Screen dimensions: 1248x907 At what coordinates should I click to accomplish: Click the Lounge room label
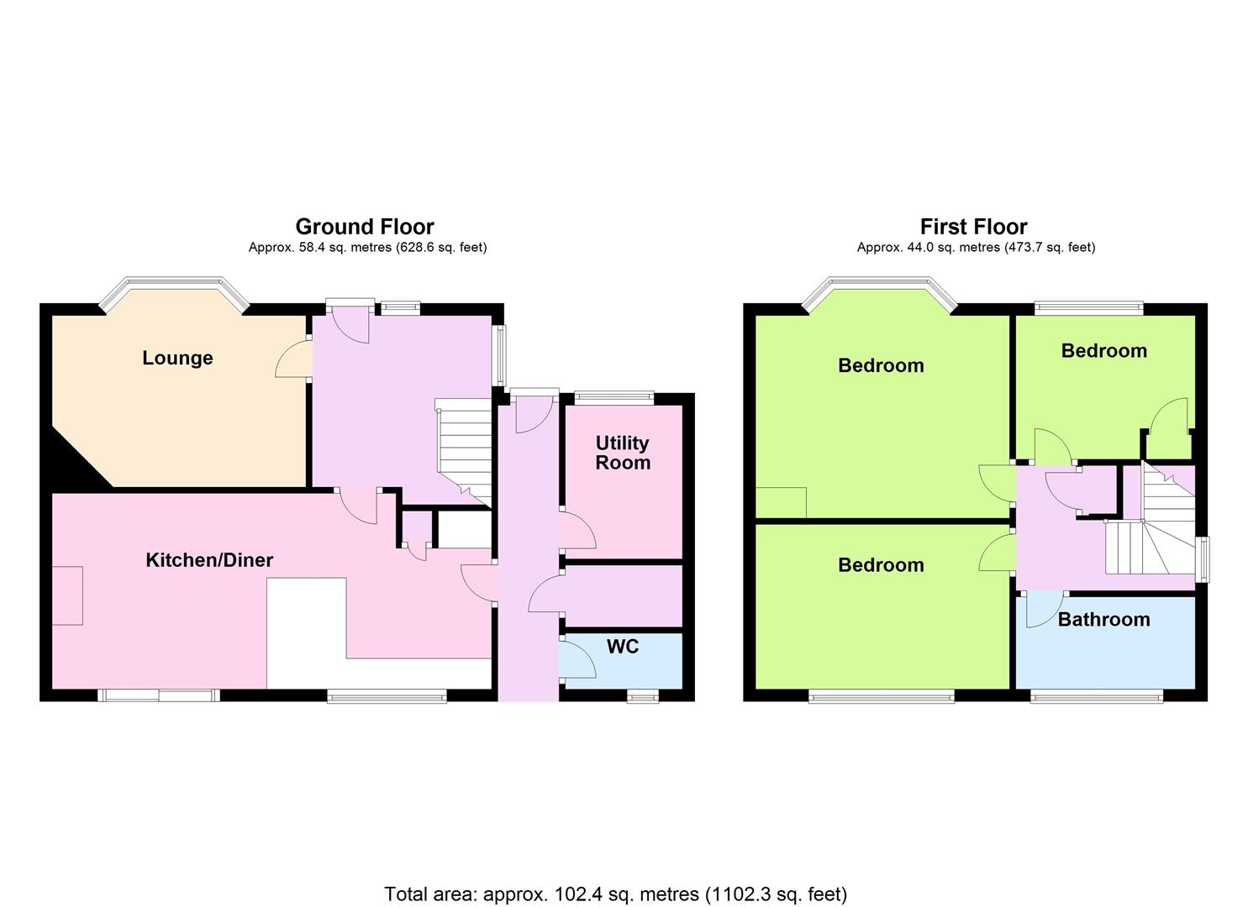(x=177, y=358)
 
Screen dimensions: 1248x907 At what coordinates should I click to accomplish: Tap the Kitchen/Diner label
(x=209, y=560)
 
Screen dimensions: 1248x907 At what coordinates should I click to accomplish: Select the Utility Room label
(x=623, y=453)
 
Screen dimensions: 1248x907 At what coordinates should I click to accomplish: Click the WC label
(x=623, y=647)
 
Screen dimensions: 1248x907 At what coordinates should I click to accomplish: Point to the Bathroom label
(x=1104, y=620)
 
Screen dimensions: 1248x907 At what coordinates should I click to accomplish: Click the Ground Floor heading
(x=365, y=227)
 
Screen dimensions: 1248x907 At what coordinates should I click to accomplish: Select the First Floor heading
(x=974, y=227)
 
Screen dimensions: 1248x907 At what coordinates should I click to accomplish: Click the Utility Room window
(x=614, y=397)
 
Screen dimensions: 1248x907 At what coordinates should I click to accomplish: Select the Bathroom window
(x=1097, y=696)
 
